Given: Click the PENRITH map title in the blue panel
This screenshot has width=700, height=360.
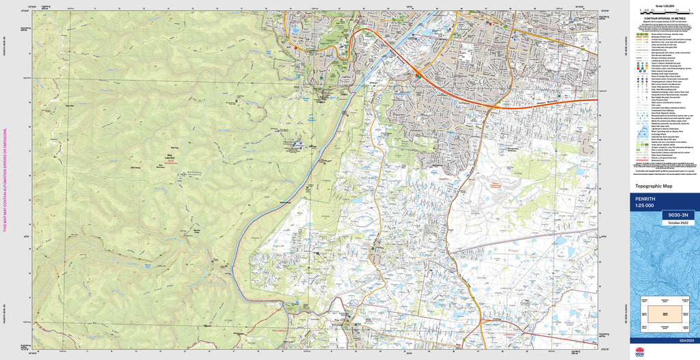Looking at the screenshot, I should click(646, 199).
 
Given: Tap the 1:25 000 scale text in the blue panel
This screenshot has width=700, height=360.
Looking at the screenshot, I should click(645, 206).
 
